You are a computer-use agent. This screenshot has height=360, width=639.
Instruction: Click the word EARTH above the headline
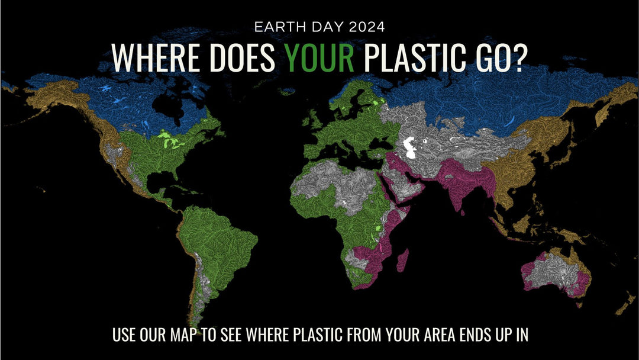[x=273, y=27]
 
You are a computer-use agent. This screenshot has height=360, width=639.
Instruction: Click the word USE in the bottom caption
[x=125, y=335]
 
